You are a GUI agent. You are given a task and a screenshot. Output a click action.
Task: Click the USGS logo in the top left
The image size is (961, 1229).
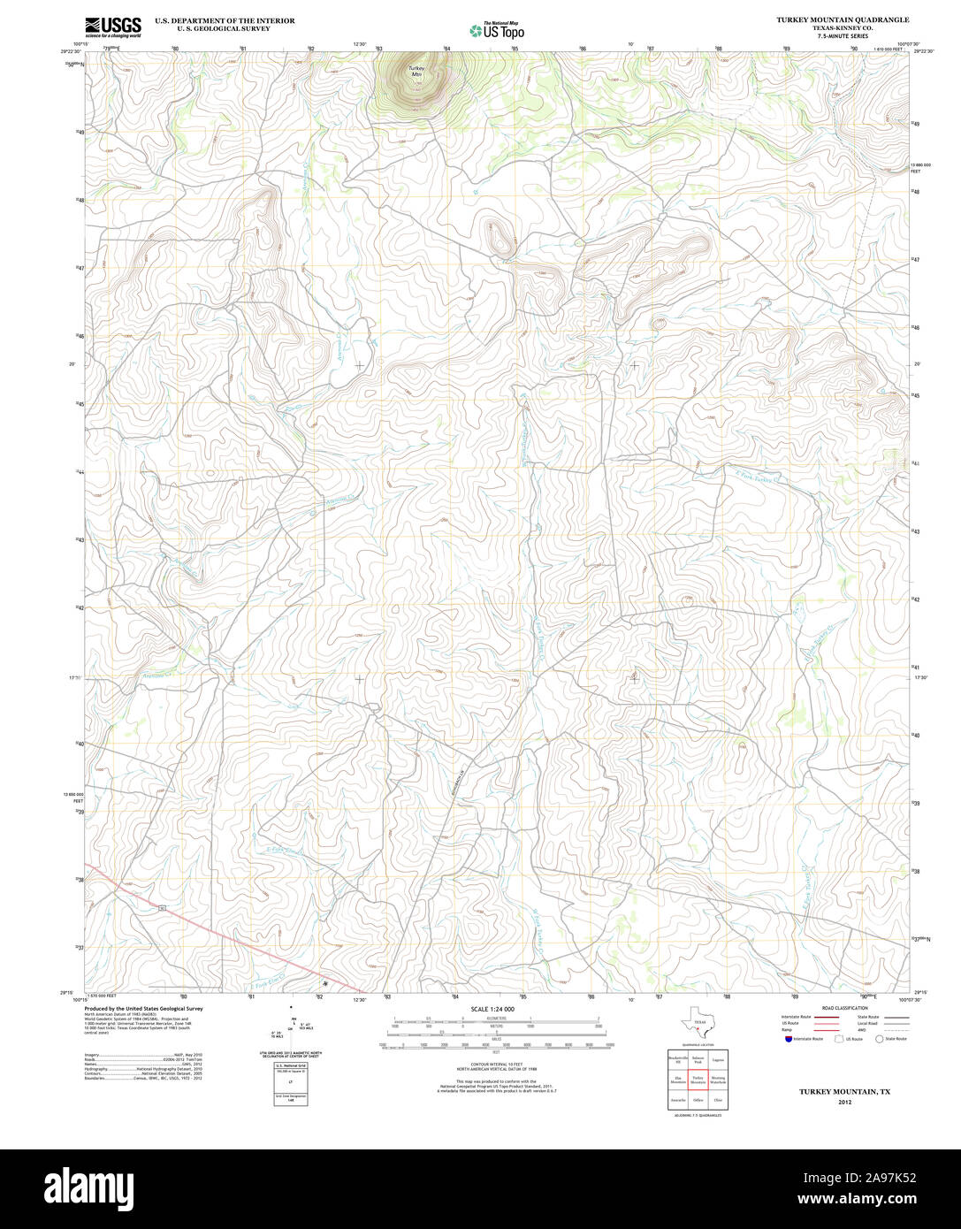point(112,27)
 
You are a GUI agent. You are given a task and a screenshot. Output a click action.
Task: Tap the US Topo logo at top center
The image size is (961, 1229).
point(496,30)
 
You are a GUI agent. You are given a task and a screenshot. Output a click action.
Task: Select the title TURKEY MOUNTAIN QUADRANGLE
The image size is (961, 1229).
point(843,19)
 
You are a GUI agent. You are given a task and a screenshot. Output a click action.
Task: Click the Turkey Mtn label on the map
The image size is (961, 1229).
point(416,72)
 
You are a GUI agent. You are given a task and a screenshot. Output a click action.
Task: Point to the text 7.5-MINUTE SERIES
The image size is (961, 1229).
point(843,35)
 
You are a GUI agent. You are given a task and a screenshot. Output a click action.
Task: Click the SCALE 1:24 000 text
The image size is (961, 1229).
point(492,1009)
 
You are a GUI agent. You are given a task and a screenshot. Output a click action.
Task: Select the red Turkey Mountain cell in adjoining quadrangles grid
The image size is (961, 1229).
point(698,1080)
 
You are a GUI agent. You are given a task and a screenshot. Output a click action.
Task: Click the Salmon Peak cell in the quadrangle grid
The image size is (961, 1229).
point(698,1058)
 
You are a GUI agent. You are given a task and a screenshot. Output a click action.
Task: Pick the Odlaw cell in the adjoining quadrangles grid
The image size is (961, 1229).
point(698,1100)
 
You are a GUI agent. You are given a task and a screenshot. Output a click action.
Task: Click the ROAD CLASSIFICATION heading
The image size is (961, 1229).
point(844,1008)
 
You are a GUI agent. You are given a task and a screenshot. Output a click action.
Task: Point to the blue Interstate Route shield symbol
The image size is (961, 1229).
point(788,1039)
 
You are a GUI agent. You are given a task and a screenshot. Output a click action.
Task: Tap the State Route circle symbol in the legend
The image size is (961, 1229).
point(880,1039)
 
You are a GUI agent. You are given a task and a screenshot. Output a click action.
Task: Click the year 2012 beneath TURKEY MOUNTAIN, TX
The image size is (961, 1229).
point(845,1103)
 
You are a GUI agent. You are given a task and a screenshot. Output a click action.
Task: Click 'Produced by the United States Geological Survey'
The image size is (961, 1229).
point(143,1008)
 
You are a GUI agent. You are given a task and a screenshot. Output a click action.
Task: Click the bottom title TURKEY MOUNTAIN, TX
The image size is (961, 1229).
point(845,1092)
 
